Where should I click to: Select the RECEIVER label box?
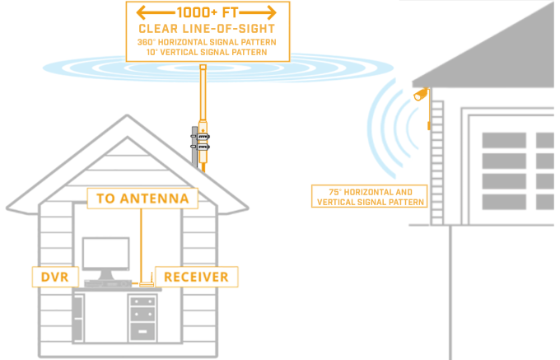[x=196, y=277]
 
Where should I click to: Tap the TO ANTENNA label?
[x=142, y=199]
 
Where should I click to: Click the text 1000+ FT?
[x=208, y=13]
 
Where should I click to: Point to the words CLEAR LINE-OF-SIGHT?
[x=208, y=28]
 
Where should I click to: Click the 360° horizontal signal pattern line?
[x=208, y=41]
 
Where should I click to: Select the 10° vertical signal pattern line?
[x=208, y=51]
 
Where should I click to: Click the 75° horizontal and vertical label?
[x=370, y=197]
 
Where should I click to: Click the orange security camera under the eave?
[x=422, y=93]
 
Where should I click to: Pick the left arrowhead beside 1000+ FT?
[x=142, y=13]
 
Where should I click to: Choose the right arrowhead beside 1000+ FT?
[x=273, y=13]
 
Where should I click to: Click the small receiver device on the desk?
[x=147, y=285]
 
